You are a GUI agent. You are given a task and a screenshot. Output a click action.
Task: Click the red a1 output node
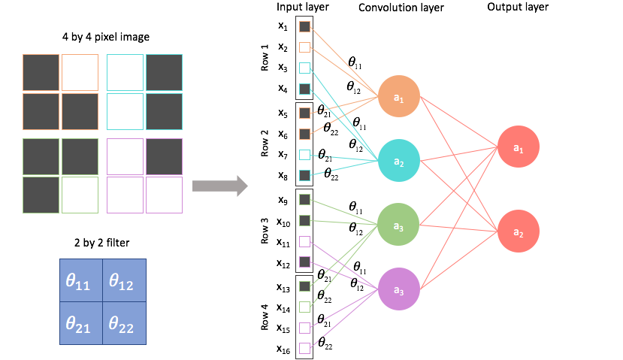coord(518,149)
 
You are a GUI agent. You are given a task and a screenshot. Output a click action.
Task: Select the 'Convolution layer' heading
coord(401,8)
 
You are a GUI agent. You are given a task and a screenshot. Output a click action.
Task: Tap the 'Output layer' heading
coord(518,8)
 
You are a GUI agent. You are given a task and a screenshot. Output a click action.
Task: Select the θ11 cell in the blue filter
coord(81,281)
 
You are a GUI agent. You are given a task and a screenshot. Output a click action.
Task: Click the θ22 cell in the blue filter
coord(124,323)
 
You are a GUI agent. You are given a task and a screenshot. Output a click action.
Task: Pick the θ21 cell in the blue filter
coord(81,323)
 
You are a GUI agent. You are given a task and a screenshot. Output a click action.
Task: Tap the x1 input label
coord(283,26)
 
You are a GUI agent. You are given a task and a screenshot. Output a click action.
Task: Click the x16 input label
coord(283,349)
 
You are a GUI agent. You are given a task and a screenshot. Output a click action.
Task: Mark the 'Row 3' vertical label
coord(265,230)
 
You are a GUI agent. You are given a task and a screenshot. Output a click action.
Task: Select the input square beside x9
coord(304,200)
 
